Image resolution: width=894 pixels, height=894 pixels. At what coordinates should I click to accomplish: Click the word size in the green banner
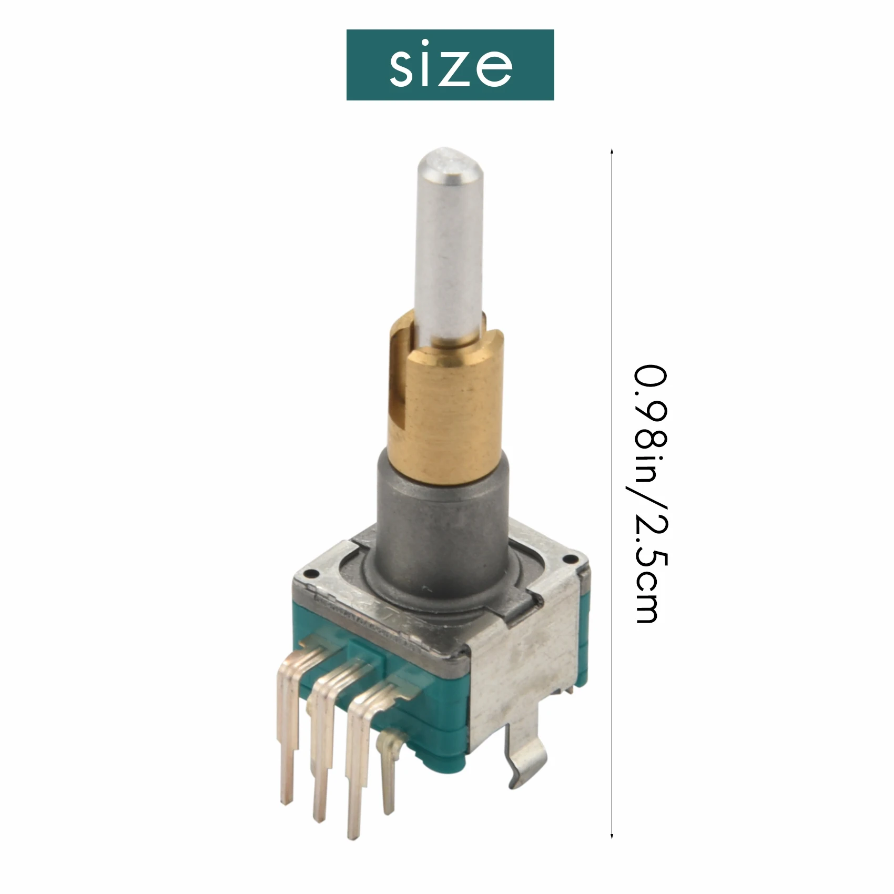pos(450,65)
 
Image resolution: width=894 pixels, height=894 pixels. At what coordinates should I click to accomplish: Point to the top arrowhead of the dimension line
pos(612,151)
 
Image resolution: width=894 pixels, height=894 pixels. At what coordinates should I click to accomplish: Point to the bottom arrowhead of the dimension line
pos(612,851)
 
